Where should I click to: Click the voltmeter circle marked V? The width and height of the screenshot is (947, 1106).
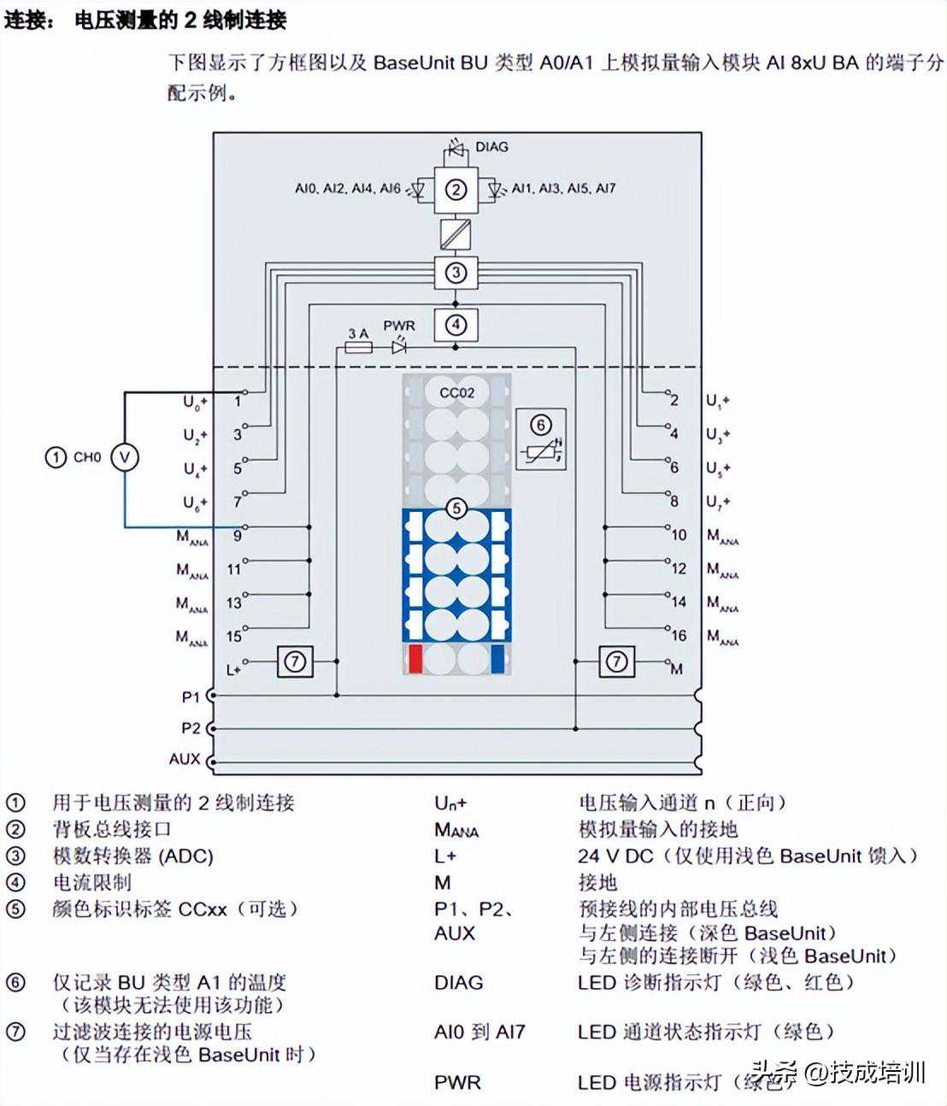125,457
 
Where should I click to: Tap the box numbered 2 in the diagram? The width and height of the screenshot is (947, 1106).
456,190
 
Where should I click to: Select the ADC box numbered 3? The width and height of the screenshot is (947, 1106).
456,273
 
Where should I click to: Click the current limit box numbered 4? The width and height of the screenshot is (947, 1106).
456,325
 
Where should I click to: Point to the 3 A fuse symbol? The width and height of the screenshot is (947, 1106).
358,348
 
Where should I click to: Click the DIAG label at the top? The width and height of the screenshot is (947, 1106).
491,147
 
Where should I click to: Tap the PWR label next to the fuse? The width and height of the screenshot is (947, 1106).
399,326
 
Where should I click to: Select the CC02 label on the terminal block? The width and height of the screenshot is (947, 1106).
456,392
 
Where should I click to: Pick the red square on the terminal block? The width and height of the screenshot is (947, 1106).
415,659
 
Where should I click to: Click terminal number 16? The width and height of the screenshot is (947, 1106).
679,635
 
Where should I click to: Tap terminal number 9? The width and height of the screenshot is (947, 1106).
237,536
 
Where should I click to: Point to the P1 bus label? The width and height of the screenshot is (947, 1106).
190,697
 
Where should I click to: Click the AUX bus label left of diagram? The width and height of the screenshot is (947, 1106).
185,758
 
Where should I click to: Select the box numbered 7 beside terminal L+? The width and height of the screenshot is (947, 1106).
295,662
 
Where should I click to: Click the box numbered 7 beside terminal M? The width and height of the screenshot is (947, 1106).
616,662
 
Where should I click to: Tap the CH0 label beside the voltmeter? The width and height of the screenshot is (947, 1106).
86,457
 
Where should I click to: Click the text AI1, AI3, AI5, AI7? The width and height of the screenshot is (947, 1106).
563,188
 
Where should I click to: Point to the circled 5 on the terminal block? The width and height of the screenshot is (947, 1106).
456,509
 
